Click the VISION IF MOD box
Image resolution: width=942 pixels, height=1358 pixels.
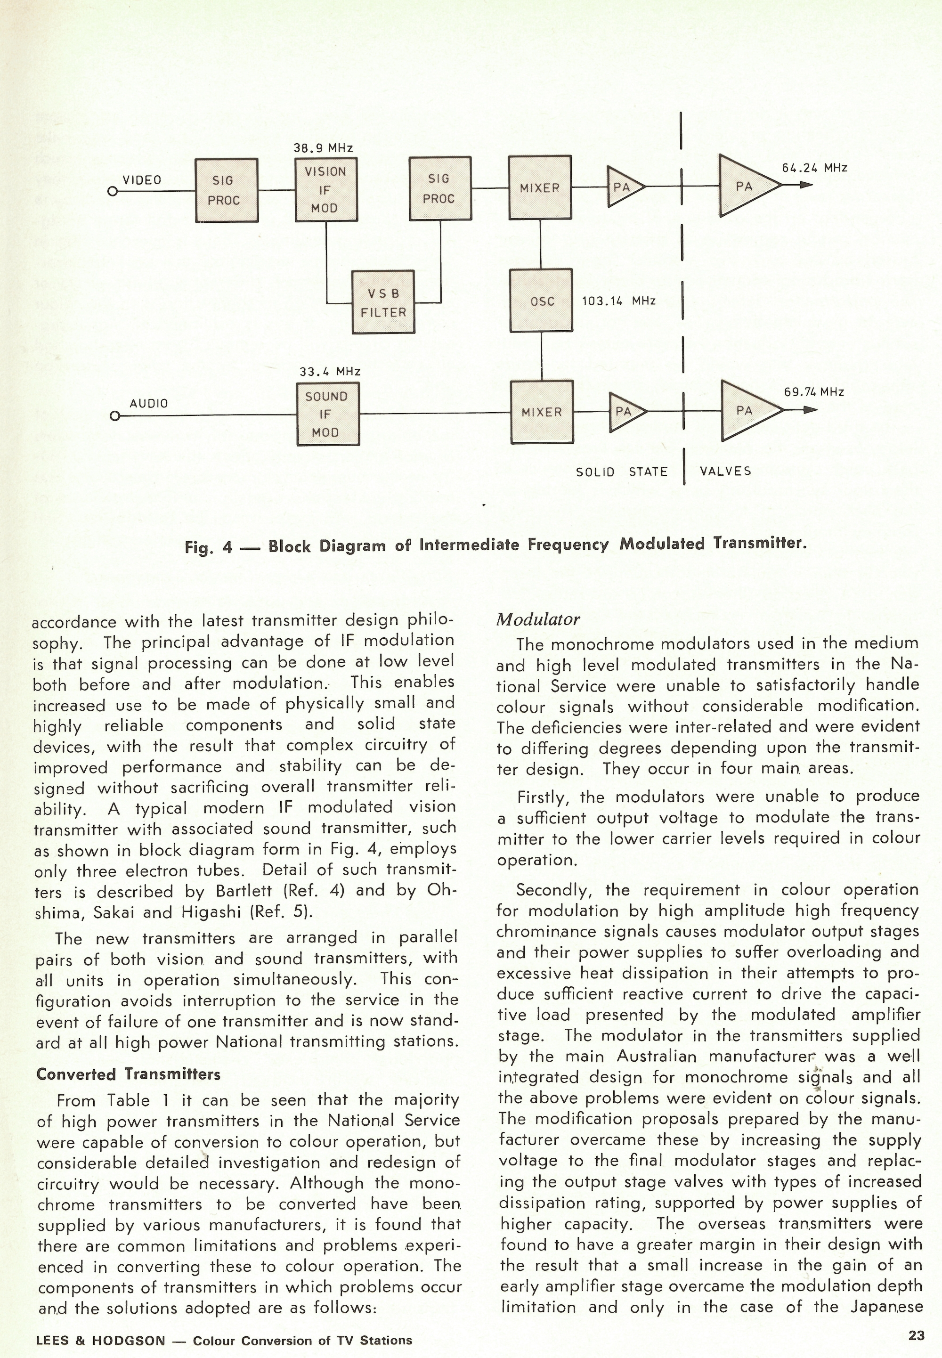[326, 189]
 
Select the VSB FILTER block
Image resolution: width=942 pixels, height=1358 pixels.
[383, 302]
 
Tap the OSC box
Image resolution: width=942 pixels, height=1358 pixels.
[541, 301]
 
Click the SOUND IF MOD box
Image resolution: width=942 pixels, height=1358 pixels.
[327, 414]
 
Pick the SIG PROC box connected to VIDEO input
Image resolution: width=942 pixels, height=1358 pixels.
[226, 190]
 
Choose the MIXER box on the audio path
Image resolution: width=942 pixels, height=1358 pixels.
[541, 412]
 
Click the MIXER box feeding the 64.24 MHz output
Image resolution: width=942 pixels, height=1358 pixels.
[539, 187]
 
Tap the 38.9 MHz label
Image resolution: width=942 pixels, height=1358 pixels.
[324, 148]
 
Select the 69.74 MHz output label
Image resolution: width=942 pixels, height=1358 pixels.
[813, 392]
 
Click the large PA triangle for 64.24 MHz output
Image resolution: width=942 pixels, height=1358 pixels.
[745, 186]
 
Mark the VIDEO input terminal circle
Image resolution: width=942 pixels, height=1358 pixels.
[112, 192]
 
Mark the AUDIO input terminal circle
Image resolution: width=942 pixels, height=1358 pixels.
[115, 416]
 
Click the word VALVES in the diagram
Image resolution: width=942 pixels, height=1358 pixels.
[725, 471]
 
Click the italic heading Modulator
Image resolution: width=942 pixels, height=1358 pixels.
[538, 618]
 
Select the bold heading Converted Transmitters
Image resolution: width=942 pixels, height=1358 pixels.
[128, 1073]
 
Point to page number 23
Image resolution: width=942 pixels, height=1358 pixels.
[916, 1335]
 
